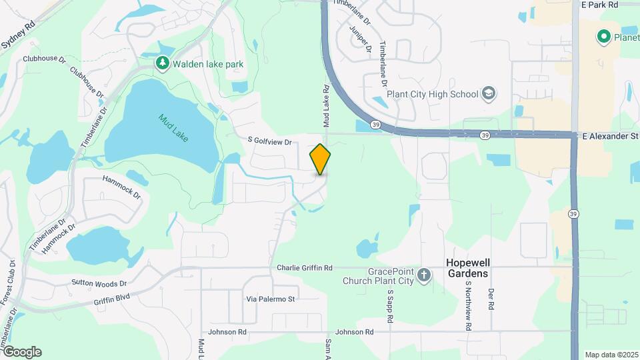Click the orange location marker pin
[x=320, y=159]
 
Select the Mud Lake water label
[x=173, y=129]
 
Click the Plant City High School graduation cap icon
[x=489, y=93]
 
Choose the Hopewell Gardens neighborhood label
[x=467, y=268]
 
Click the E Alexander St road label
[x=609, y=136]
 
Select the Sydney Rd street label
[x=18, y=35]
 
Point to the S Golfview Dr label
[x=270, y=141]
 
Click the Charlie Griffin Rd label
[x=305, y=267]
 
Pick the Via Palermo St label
[x=270, y=299]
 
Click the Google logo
[x=22, y=352]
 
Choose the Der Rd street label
[x=491, y=299]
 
